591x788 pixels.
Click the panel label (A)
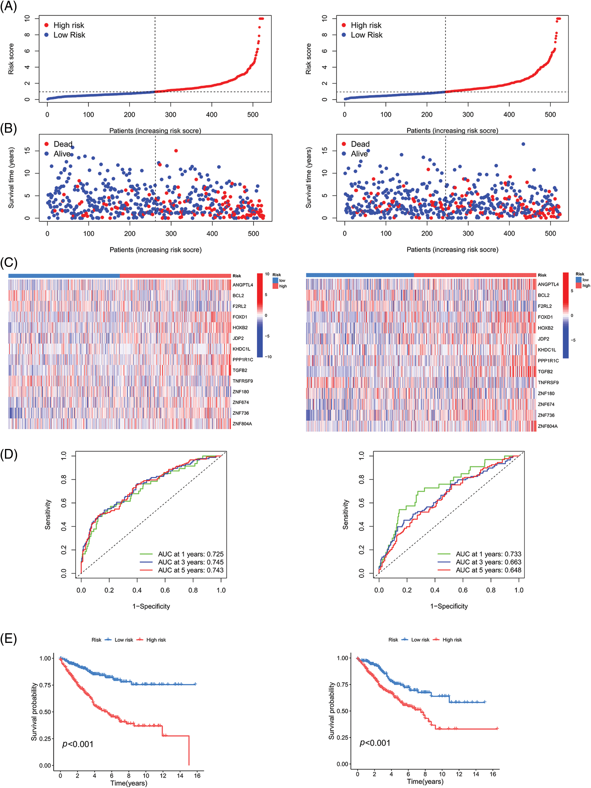(9, 7)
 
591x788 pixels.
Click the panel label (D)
(9, 455)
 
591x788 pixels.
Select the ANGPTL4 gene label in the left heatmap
(243, 285)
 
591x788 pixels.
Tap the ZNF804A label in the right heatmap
(547, 426)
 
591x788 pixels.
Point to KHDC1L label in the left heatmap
(241, 349)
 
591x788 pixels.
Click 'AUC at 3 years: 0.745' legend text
(191, 562)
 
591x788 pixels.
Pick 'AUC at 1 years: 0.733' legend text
(488, 554)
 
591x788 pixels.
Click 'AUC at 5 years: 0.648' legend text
(488, 570)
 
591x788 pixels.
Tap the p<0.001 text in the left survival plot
(78, 744)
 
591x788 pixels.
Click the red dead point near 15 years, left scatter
(176, 151)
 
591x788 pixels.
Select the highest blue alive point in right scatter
(523, 144)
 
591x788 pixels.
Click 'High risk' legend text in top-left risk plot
(69, 25)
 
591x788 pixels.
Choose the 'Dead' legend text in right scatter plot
(360, 144)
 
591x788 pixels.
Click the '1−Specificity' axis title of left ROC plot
(151, 606)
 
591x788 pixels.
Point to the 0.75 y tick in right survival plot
(342, 684)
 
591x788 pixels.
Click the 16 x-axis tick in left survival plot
(197, 776)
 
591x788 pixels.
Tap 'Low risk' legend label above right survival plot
(420, 640)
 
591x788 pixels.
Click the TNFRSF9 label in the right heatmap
(548, 383)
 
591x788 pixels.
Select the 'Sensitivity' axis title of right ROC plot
(345, 515)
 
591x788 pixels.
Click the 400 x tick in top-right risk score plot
(509, 114)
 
